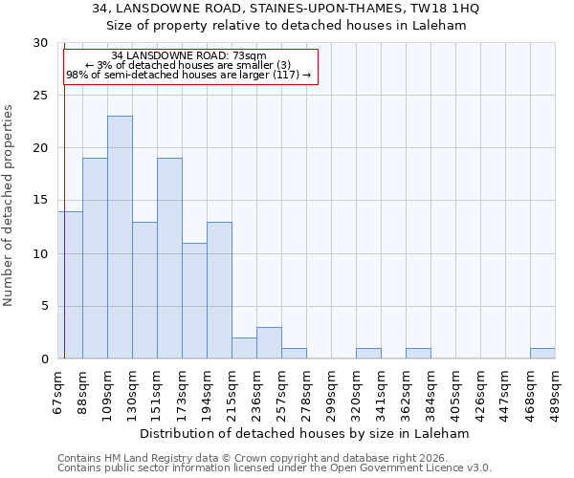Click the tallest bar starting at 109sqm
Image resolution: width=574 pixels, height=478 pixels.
tap(120, 237)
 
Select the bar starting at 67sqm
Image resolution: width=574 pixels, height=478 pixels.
tap(70, 285)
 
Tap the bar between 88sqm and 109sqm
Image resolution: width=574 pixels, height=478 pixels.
tap(95, 258)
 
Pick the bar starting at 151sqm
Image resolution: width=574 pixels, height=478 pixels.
tap(169, 258)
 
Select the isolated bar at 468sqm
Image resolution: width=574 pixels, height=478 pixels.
tap(542, 353)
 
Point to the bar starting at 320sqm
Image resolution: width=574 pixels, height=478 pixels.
tap(368, 353)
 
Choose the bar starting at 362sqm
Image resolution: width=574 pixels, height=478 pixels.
tap(418, 353)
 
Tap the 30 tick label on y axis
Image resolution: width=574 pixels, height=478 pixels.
tap(40, 43)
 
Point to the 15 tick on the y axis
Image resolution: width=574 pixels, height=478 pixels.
tap(40, 201)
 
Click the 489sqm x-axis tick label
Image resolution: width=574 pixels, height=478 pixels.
tap(555, 391)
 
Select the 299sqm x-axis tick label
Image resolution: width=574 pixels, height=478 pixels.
tap(331, 391)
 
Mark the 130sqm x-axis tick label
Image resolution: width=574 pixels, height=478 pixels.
tap(132, 391)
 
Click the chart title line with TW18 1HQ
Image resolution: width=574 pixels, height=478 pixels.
tap(287, 9)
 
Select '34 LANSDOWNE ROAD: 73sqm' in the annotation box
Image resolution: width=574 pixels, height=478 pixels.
tap(188, 56)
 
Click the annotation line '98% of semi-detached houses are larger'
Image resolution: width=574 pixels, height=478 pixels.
tap(188, 75)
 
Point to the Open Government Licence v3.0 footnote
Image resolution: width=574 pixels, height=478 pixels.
tap(275, 468)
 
